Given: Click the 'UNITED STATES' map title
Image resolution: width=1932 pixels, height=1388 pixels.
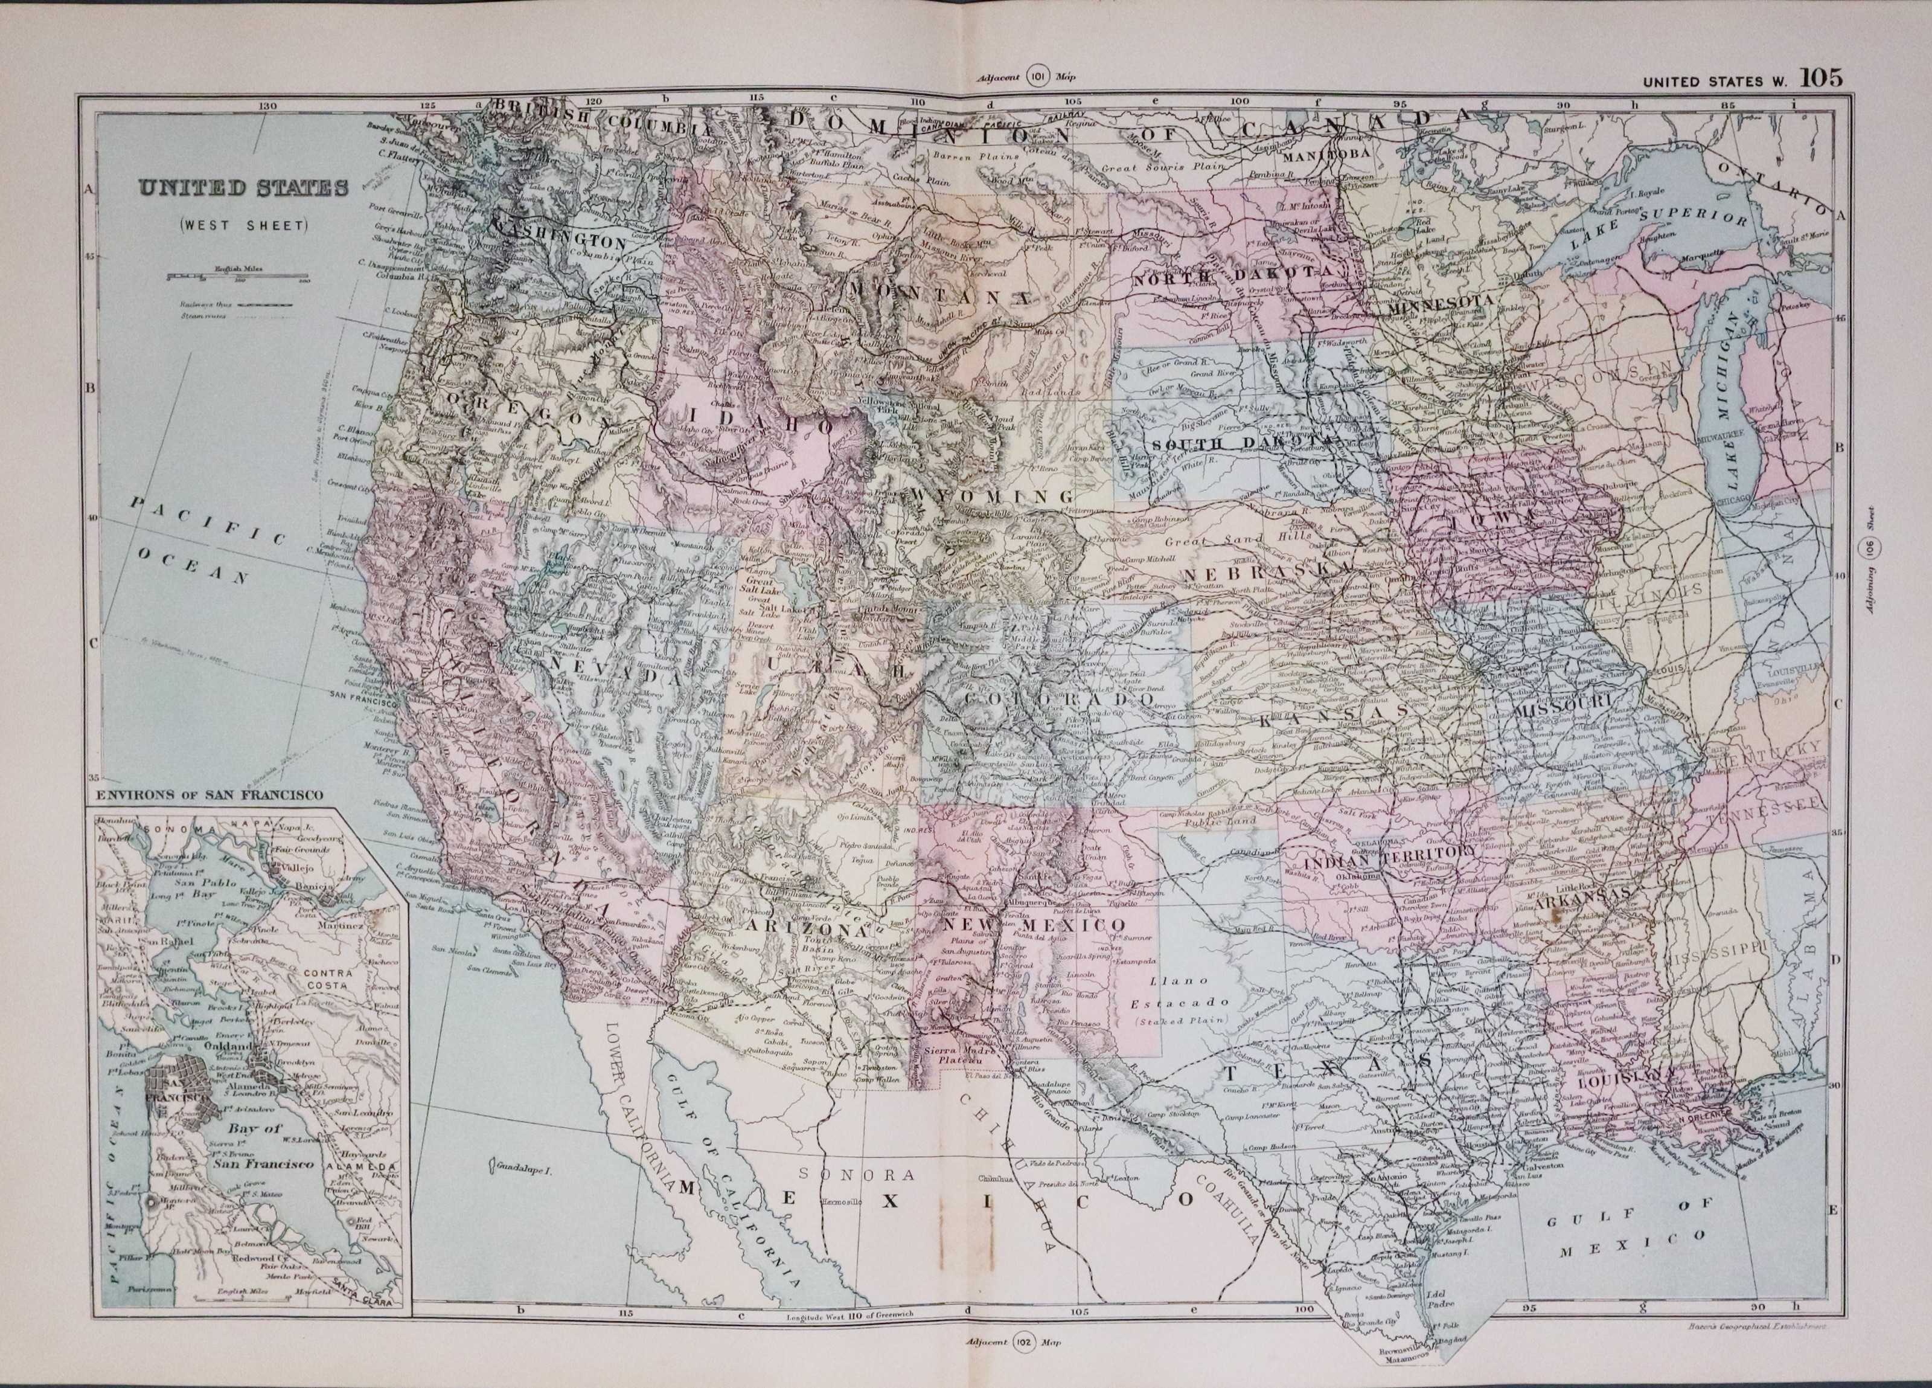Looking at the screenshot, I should tap(244, 188).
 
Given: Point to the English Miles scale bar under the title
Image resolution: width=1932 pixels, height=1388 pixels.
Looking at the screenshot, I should tap(238, 276).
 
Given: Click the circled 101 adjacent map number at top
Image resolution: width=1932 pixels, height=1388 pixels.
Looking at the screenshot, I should tap(1039, 75).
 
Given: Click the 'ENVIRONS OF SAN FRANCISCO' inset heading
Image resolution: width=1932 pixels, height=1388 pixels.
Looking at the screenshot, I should tap(210, 794).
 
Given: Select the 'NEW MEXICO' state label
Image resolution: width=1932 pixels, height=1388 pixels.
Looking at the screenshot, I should tap(1034, 925).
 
